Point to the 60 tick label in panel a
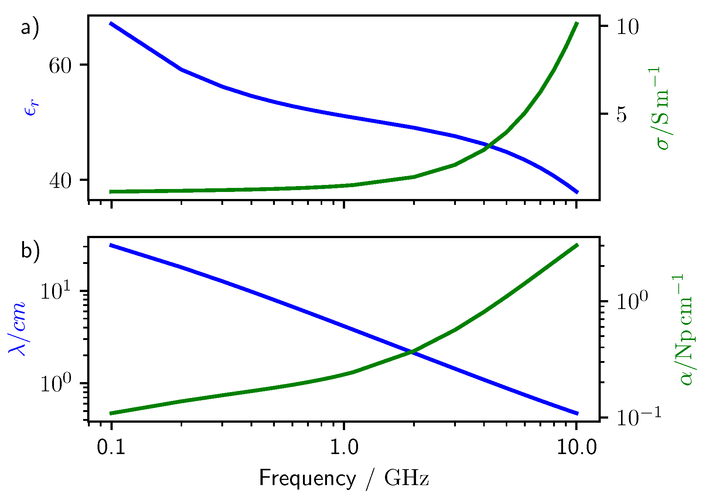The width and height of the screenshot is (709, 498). tap(60, 66)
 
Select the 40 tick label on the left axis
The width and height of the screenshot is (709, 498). tap(60, 181)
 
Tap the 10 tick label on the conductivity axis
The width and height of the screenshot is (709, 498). tap(627, 27)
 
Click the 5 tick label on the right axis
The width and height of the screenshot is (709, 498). tap(621, 115)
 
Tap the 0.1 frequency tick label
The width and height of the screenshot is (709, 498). tap(111, 447)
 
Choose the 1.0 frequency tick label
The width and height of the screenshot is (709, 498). tap(344, 447)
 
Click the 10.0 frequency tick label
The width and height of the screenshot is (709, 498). tap(577, 447)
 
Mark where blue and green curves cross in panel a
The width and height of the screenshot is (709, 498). tap(488, 145)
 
